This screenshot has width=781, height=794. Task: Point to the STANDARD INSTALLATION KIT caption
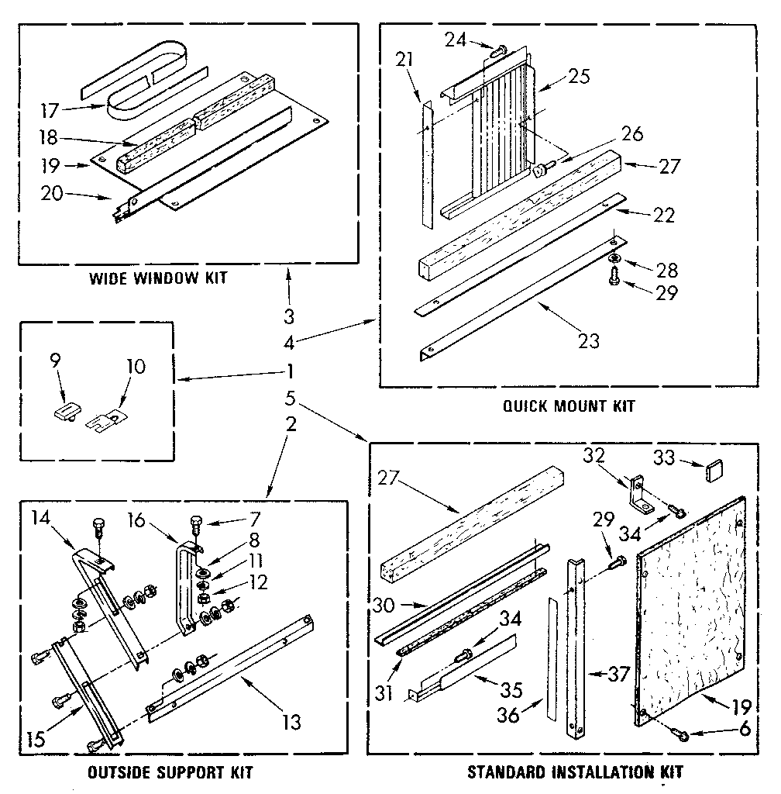[575, 772]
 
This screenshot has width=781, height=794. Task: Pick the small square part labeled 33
[714, 469]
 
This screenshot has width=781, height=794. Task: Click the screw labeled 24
[498, 51]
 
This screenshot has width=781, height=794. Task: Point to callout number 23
[590, 340]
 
